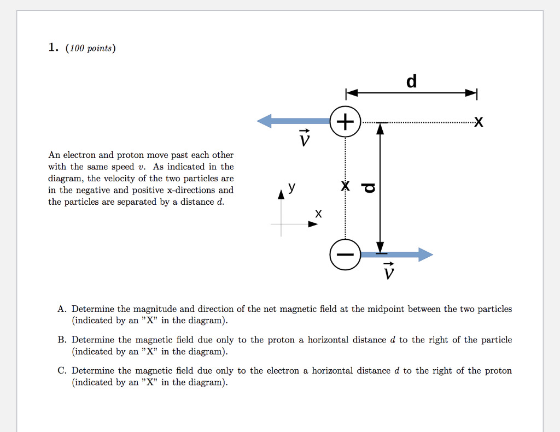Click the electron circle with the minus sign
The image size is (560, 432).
point(345,255)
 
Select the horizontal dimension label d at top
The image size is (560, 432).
point(411,81)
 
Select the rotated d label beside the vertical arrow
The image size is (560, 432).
point(369,188)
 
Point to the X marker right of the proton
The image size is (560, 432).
point(479,122)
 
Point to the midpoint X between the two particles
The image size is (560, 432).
point(345,186)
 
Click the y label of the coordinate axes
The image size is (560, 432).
point(293,187)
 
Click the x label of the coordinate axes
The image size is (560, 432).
point(318,214)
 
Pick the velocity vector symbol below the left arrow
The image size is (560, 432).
point(305,139)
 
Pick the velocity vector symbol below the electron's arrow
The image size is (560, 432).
point(388,270)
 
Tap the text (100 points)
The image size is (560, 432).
point(90,49)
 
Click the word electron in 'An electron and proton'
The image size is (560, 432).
point(80,155)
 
